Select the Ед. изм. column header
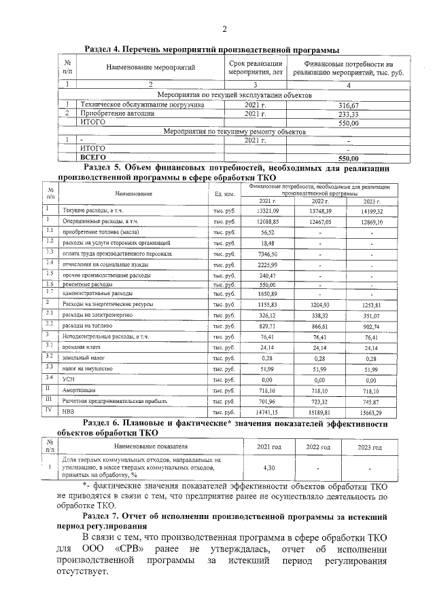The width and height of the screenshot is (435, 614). click(224, 194)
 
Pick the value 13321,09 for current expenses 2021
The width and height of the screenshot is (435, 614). click(268, 212)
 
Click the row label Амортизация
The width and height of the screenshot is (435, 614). click(80, 391)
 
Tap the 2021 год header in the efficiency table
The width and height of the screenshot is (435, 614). click(268, 448)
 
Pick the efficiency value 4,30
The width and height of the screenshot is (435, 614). click(268, 468)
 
